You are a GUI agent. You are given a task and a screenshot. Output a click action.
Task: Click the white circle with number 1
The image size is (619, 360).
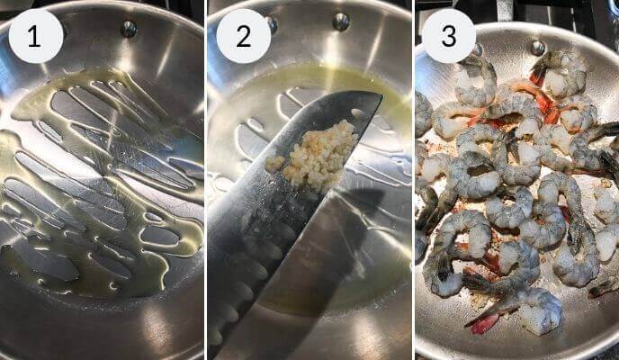[35, 36]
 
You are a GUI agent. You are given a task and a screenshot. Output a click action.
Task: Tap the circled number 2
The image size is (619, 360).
[243, 36]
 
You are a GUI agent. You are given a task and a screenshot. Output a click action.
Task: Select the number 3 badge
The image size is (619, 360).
[448, 36]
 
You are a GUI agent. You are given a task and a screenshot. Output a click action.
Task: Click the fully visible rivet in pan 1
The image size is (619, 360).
[129, 29]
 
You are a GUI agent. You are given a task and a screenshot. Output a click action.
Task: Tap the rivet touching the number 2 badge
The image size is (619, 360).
[271, 24]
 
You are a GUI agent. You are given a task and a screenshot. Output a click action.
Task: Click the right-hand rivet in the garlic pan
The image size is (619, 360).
[340, 21]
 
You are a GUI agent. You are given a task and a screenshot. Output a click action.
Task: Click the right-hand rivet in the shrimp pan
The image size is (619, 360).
[537, 47]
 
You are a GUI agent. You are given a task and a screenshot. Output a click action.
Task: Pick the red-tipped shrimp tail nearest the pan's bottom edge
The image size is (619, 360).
[482, 323]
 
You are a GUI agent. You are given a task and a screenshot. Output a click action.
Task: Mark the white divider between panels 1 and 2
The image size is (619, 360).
[205, 180]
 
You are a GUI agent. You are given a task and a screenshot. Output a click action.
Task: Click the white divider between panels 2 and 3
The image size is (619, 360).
[413, 180]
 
